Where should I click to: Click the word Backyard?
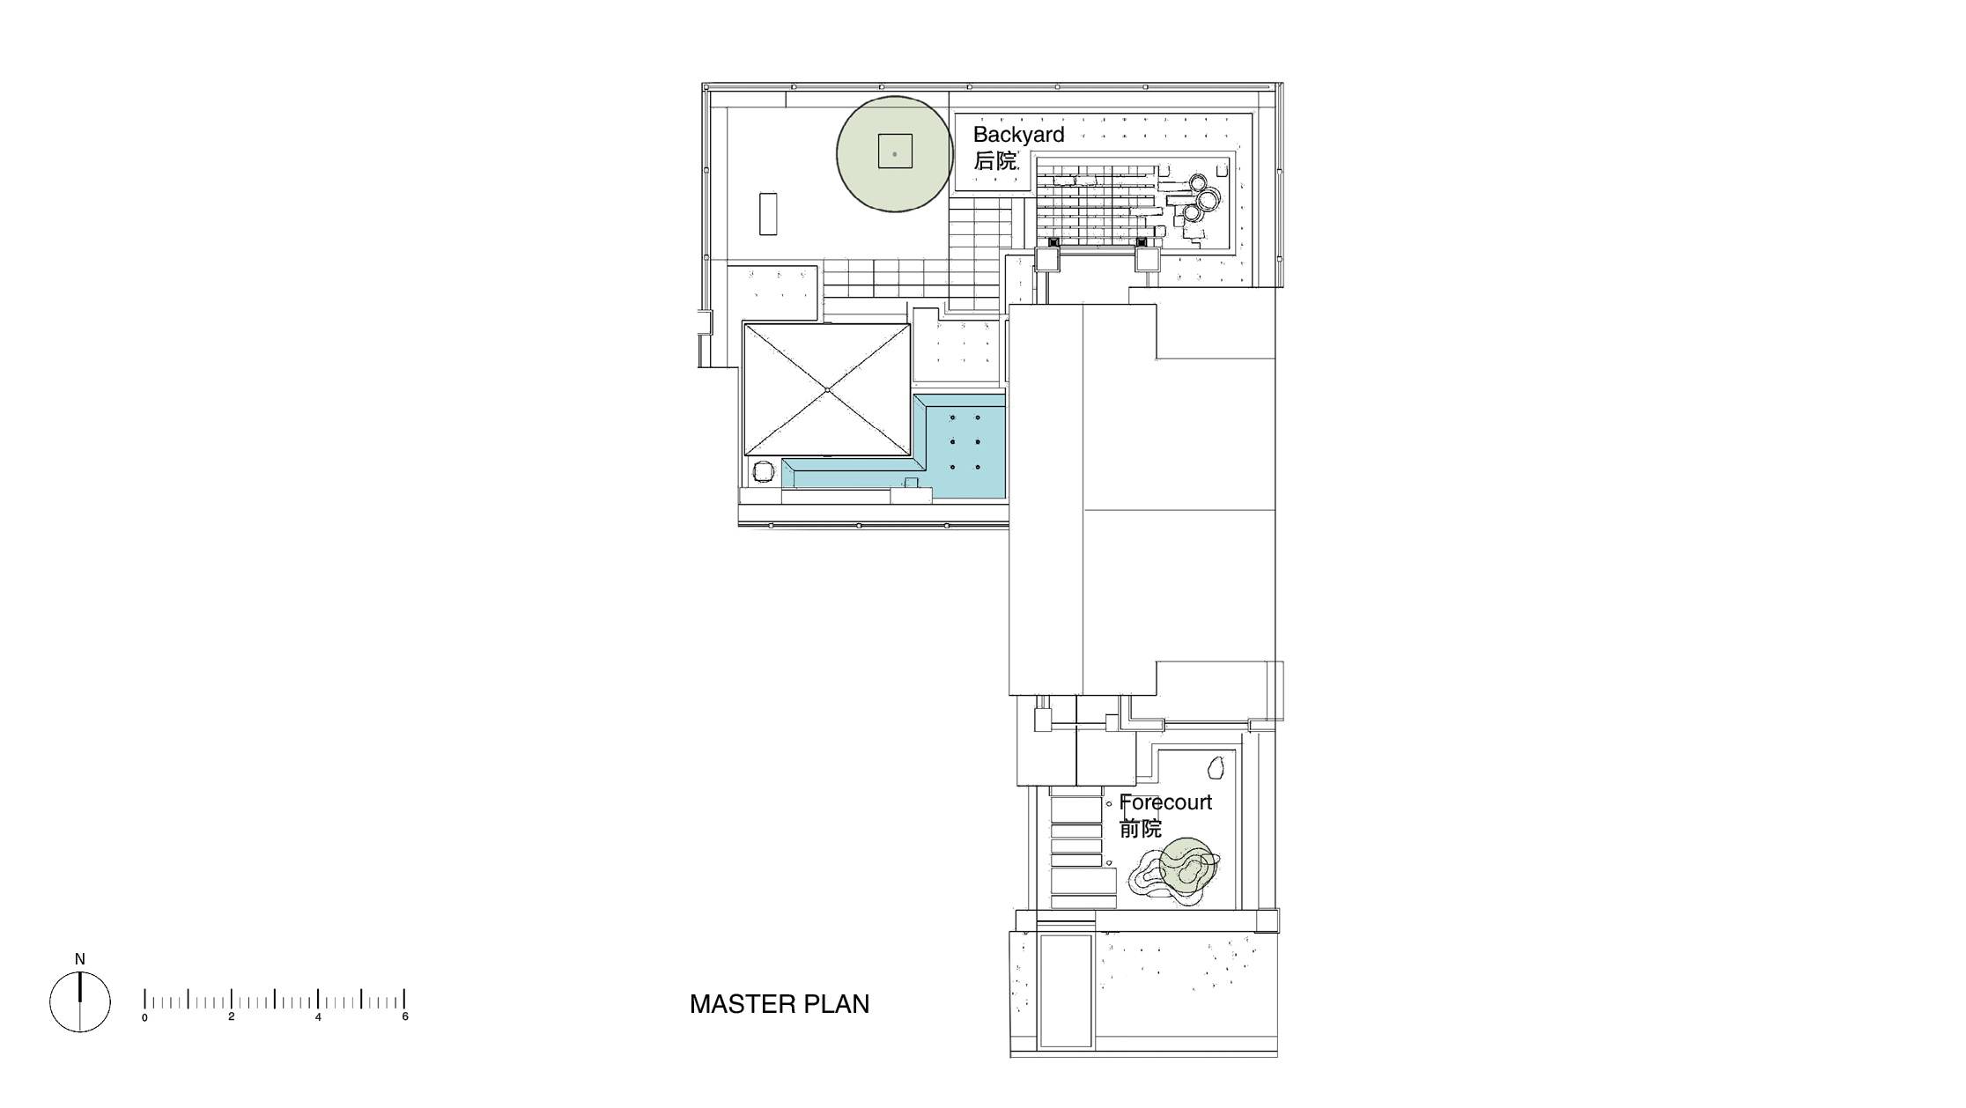pyautogui.click(x=1018, y=135)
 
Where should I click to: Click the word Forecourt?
pyautogui.click(x=1165, y=802)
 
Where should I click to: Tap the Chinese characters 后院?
pyautogui.click(x=994, y=161)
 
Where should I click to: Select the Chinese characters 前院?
pyautogui.click(x=1141, y=829)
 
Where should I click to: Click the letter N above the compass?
pyautogui.click(x=80, y=959)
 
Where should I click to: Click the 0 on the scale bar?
pyautogui.click(x=144, y=1017)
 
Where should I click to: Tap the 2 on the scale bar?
pyautogui.click(x=232, y=1017)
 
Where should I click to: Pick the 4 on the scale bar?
pyautogui.click(x=318, y=1017)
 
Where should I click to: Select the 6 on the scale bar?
pyautogui.click(x=405, y=1017)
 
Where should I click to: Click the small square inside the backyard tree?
pyautogui.click(x=895, y=151)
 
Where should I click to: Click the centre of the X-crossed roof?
pyautogui.click(x=827, y=389)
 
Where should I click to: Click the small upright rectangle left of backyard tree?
pyautogui.click(x=152, y=214)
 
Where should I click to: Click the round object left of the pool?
pyautogui.click(x=762, y=472)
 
